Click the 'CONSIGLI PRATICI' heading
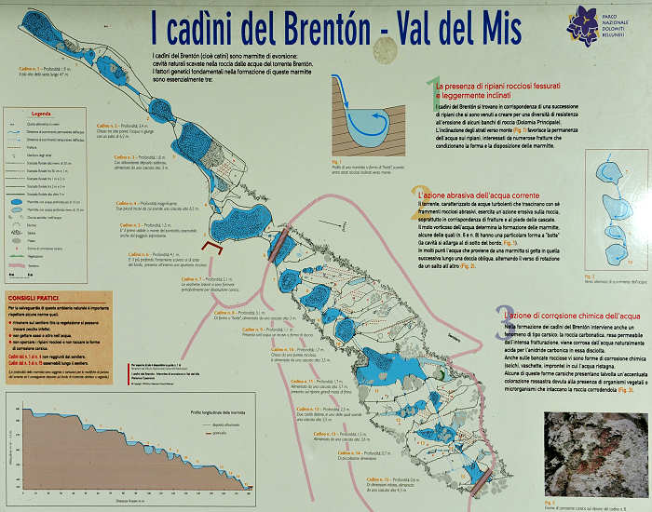(x=34, y=300)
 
